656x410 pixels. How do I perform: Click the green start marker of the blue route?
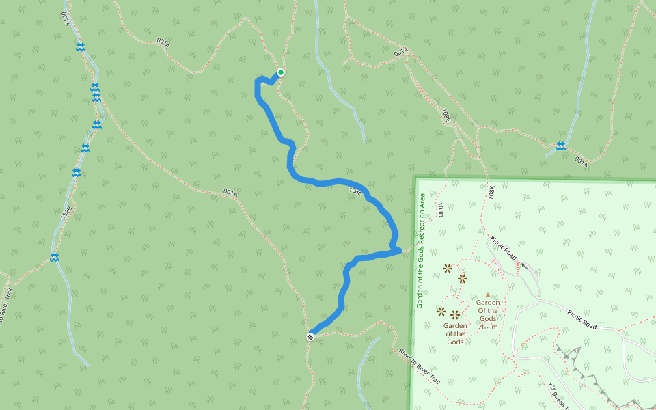[x=280, y=72]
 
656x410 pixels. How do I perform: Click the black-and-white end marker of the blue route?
[x=310, y=336]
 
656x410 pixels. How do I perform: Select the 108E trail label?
[x=446, y=115]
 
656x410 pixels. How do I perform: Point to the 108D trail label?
[x=441, y=210]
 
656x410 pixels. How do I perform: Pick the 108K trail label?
[x=492, y=193]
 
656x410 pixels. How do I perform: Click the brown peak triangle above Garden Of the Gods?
[x=487, y=295]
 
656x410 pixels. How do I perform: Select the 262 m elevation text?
[x=487, y=327]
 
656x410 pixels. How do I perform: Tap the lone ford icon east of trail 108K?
[x=560, y=146]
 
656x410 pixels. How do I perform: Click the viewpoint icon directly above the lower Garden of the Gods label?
[x=455, y=314]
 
